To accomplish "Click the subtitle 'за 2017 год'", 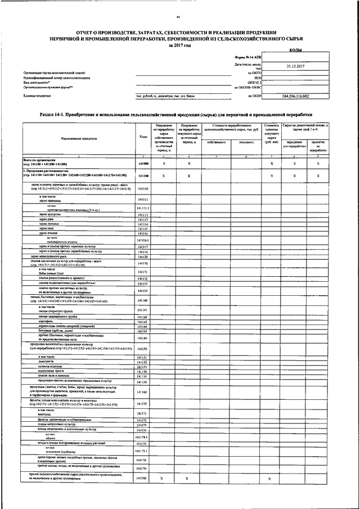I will [179, 45].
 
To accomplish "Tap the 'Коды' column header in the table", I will [142, 137].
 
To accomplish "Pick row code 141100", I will [143, 175].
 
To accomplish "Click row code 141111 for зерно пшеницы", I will [143, 199].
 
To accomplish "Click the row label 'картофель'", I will [47, 322].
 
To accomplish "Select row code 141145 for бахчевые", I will [143, 331].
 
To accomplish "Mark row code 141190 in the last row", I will [143, 478].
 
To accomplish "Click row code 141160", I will [143, 391].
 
